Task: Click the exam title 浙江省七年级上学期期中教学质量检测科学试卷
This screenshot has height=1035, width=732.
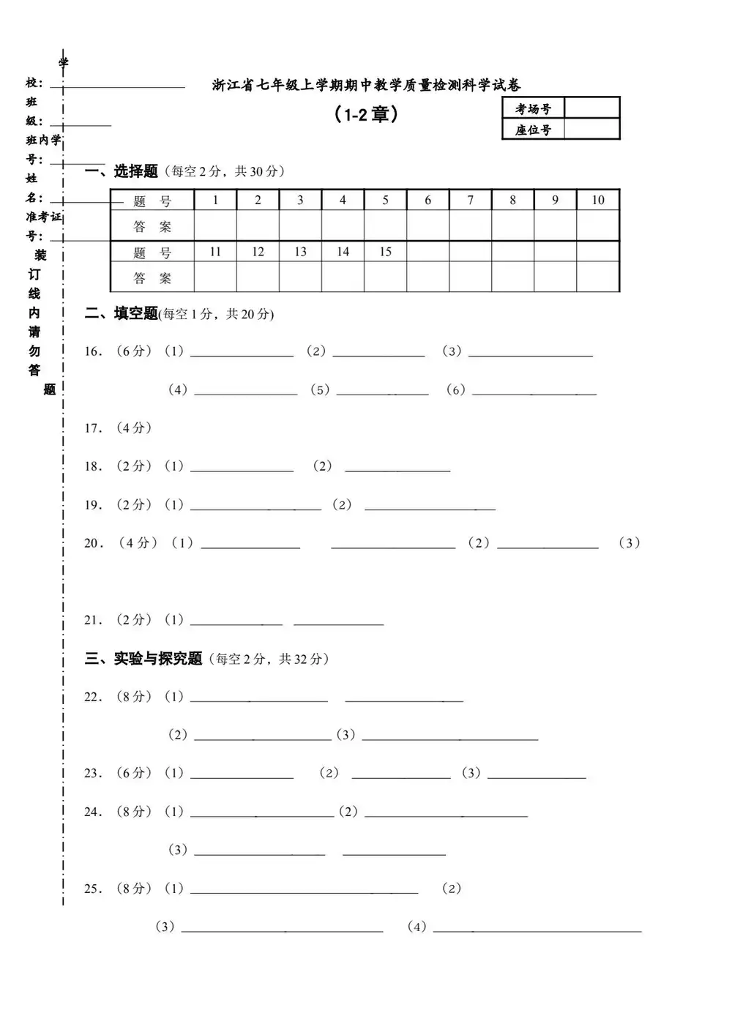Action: pos(366,86)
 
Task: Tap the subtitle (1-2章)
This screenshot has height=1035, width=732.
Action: pos(366,115)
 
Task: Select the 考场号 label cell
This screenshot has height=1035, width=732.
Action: pos(533,109)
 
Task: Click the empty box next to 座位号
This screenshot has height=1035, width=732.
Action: pos(591,130)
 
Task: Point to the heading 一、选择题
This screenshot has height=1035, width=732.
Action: pos(122,171)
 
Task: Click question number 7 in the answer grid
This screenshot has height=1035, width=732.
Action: pos(470,200)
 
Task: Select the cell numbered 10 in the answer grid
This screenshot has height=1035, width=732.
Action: pos(598,200)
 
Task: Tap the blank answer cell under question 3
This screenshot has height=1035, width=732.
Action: pos(300,226)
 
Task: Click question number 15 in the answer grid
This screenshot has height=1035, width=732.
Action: pos(385,252)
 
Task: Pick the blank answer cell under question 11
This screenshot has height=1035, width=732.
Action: pos(215,277)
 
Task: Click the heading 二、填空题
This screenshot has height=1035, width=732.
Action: pos(122,314)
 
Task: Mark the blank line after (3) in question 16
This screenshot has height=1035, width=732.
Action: pos(530,353)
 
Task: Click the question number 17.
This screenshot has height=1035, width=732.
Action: pos(93,428)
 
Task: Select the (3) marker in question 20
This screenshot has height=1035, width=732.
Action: pos(629,543)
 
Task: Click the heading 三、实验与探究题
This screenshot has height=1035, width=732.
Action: pos(143,659)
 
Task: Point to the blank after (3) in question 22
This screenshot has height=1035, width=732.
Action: pos(449,736)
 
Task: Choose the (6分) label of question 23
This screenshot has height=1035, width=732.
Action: pos(133,773)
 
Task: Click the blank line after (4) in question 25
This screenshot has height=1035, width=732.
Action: pos(537,928)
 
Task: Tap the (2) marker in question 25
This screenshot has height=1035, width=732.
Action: pos(452,889)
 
